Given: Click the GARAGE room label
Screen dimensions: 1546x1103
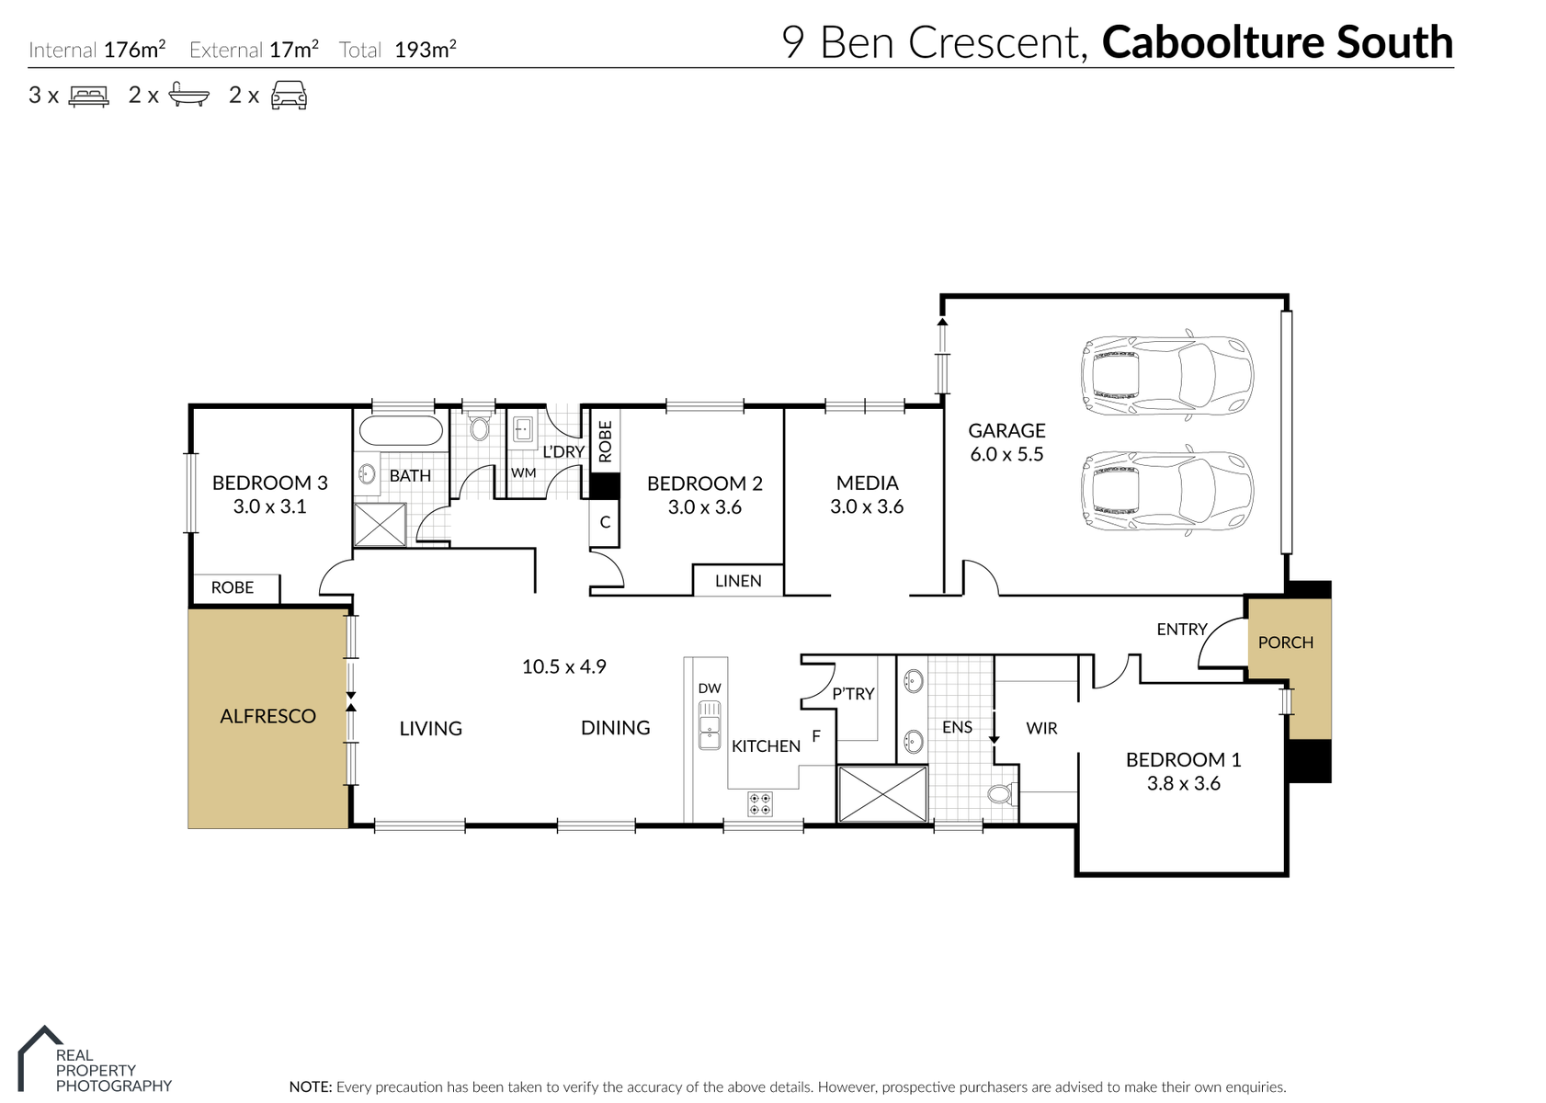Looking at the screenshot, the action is (1006, 431).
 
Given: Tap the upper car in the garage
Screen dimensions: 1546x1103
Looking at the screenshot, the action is (1166, 375).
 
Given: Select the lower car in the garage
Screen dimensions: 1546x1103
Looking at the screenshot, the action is (1166, 490).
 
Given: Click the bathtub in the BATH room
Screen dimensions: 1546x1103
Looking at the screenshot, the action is (401, 431).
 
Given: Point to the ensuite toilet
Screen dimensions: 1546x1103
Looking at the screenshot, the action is (1002, 794).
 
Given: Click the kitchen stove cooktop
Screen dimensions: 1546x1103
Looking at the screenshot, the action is (760, 804).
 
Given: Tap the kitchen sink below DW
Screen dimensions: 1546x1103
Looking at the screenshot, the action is (710, 724).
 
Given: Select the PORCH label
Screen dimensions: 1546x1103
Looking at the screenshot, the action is (1285, 642).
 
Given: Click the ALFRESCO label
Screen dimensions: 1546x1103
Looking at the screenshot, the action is (267, 716).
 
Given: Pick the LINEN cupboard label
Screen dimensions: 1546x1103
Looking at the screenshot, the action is (738, 581).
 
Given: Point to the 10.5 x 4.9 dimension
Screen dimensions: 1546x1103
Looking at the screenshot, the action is (563, 666).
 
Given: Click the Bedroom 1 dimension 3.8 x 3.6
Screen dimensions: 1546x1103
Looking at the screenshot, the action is (1184, 783).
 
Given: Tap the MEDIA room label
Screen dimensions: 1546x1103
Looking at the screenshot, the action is (868, 483).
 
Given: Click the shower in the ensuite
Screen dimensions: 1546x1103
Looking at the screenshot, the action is (882, 794).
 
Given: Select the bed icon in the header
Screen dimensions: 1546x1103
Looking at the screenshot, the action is (89, 96).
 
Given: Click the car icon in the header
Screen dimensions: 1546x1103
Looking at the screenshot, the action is (290, 96).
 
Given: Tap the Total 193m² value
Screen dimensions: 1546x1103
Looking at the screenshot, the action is (426, 50).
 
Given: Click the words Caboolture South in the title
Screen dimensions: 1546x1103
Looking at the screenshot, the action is (1278, 42).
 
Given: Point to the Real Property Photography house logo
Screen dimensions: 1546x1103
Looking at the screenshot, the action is (40, 1058).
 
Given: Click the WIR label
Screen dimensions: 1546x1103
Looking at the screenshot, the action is (1041, 728).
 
